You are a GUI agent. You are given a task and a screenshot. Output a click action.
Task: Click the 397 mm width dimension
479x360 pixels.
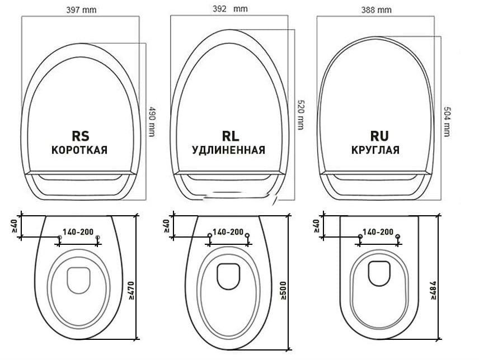click(x=81, y=10)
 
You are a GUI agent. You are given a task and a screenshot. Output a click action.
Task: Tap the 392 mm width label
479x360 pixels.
click(x=230, y=8)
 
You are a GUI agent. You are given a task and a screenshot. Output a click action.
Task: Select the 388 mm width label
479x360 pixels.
click(x=377, y=10)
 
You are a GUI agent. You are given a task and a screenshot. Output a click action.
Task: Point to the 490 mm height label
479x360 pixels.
click(x=151, y=121)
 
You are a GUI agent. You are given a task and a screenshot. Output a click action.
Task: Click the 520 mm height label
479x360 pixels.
click(x=300, y=115)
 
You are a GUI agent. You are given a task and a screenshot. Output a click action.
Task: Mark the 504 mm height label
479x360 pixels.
click(x=446, y=121)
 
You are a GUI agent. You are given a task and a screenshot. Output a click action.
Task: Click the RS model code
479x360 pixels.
click(x=81, y=136)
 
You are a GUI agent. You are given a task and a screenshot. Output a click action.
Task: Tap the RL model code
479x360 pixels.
click(x=231, y=136)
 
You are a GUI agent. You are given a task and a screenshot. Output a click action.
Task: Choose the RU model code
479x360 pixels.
click(x=379, y=136)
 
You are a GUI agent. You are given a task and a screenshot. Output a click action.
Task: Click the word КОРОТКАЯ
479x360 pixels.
click(x=79, y=150)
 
